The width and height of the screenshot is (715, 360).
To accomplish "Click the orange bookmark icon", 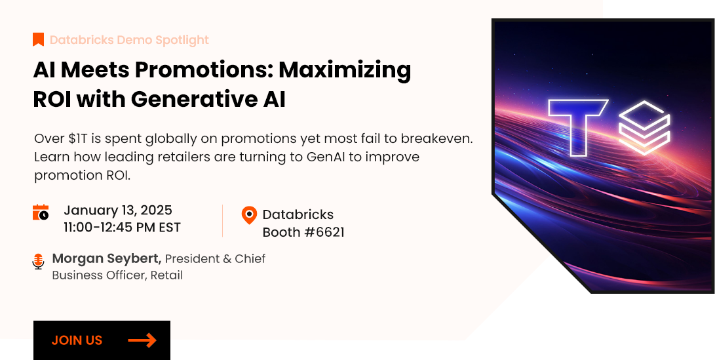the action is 38,40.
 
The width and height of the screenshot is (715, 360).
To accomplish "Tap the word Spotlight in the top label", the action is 182,40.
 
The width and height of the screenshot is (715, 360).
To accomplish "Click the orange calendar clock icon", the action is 41,212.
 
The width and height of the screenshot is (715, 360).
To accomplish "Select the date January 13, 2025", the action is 118,210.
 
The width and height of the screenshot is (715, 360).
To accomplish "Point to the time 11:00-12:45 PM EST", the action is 122,228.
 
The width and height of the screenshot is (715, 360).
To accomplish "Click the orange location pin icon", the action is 249,215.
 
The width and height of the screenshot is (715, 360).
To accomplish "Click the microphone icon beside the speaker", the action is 38,262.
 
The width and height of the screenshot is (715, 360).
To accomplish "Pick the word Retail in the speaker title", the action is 166,275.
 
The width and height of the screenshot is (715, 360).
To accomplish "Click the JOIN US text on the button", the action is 77,340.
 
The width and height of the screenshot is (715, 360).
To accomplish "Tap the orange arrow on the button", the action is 142,340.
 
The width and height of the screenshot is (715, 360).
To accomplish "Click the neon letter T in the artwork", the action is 578,129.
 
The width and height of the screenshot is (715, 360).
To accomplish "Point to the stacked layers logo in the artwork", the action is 644,128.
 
